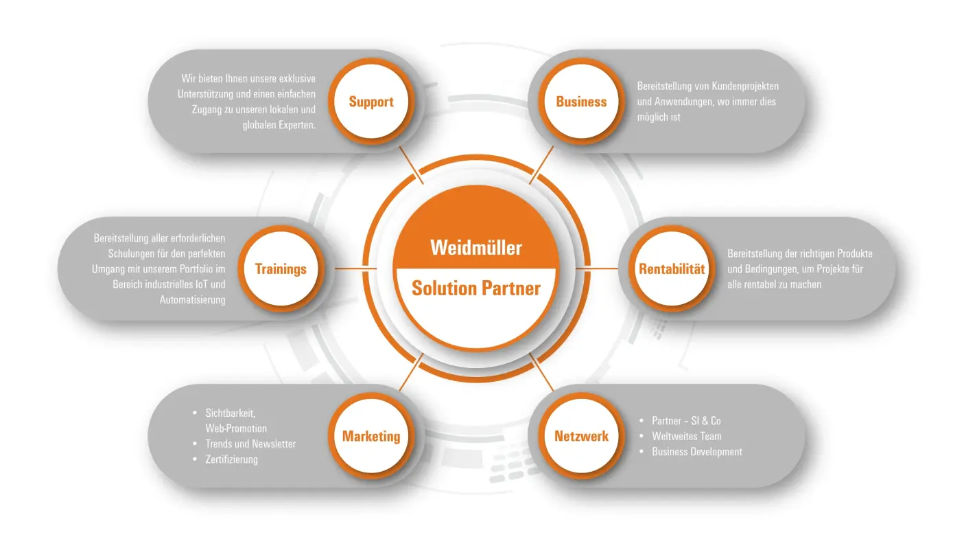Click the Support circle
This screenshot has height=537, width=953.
(371, 102)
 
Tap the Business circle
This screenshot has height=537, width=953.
(581, 102)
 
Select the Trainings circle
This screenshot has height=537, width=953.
(281, 268)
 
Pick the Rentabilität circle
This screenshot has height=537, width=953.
(672, 268)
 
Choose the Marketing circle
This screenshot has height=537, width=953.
(371, 436)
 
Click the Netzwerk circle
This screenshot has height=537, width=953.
(581, 436)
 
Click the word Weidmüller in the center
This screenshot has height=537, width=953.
(476, 247)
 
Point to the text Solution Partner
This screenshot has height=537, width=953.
(476, 288)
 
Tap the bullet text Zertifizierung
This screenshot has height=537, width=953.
(231, 459)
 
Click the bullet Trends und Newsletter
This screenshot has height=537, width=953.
(250, 444)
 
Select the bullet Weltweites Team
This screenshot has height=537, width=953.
(686, 436)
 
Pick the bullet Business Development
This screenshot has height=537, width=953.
(696, 452)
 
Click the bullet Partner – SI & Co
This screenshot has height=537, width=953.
(686, 421)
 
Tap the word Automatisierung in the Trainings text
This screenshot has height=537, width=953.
(192, 299)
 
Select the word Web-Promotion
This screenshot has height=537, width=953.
(236, 429)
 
